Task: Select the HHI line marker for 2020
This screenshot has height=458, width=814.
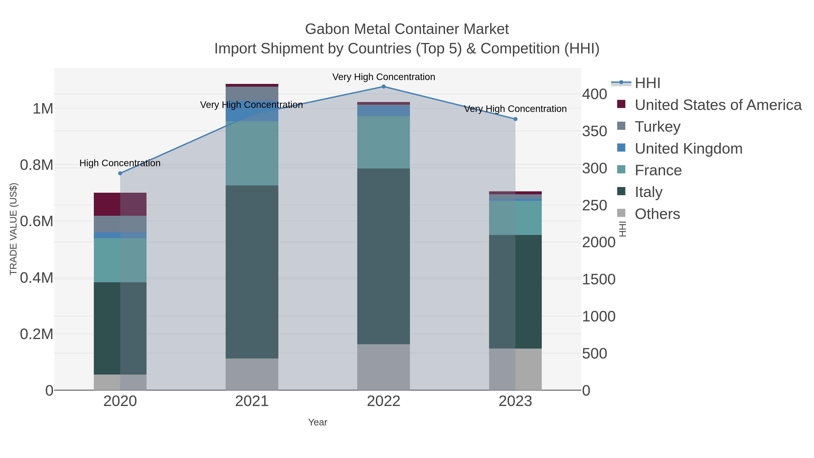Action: coord(120,173)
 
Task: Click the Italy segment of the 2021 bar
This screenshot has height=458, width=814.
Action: coord(252,272)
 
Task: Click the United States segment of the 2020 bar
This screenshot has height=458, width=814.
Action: coord(120,204)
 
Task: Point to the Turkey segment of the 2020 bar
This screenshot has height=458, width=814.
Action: coord(120,224)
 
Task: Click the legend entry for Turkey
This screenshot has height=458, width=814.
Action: coord(657,127)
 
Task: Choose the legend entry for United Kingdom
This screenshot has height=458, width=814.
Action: coord(688,149)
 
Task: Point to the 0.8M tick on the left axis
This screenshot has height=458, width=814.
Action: coord(37,165)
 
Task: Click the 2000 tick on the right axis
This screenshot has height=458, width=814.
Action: coord(599,242)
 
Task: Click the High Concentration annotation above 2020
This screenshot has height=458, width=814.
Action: coord(120,163)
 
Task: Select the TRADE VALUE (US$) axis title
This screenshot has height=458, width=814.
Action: coord(13,229)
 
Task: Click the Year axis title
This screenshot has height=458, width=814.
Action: coord(318,422)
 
